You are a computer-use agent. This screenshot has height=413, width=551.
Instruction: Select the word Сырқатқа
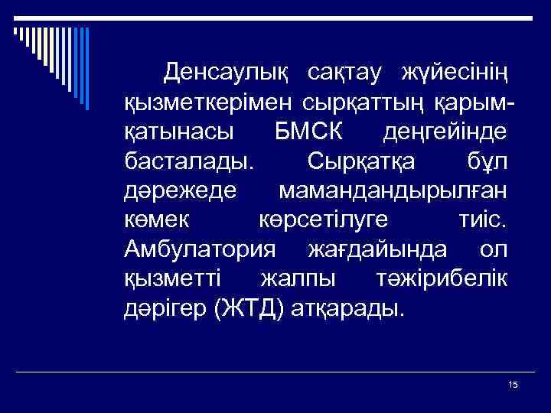coord(351,161)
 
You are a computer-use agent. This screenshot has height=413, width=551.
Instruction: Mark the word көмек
coord(156,220)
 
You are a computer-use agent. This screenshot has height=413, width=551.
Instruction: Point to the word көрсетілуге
coord(320,220)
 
